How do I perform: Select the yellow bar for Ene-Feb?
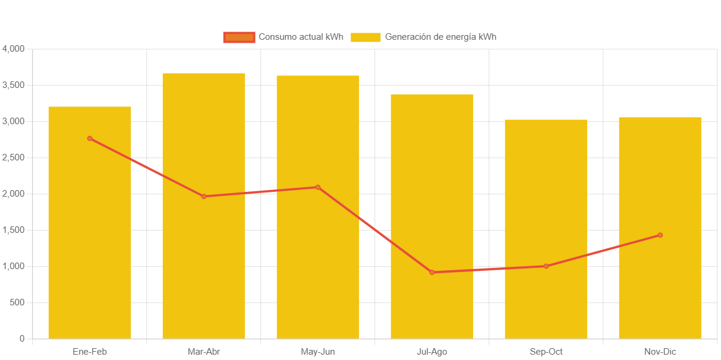coord(89,238)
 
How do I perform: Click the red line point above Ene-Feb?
coord(90,138)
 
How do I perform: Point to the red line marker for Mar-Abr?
coord(204,196)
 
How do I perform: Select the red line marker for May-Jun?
coord(318,187)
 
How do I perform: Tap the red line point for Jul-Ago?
coord(432,272)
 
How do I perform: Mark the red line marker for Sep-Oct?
coord(546,266)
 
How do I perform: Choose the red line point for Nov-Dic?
coord(660,235)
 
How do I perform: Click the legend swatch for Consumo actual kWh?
coord(239,37)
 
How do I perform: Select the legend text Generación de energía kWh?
coord(440,37)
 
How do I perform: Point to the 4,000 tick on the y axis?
coord(14,49)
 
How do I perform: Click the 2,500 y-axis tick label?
coord(14,157)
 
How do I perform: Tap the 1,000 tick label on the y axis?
coord(14,266)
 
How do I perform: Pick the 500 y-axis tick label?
coord(17,302)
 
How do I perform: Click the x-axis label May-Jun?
coord(318,352)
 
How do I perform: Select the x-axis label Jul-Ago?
coord(432,352)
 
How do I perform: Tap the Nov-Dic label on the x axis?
coord(660,352)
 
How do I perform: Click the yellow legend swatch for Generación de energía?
coord(366,37)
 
